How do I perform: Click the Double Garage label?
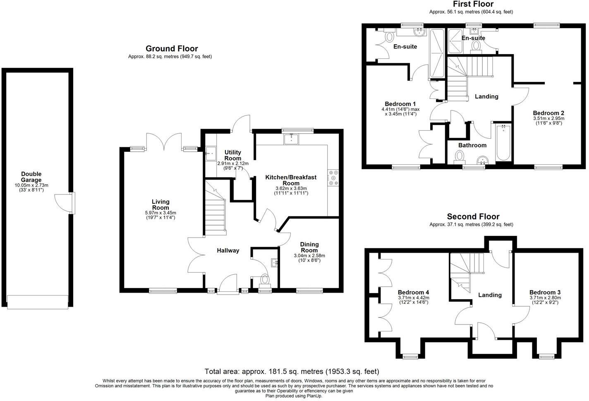[x=31, y=177]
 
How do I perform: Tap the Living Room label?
[x=160, y=204]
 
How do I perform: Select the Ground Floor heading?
[x=172, y=49]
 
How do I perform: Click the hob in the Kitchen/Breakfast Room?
[x=333, y=178]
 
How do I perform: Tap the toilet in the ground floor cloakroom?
[x=264, y=280]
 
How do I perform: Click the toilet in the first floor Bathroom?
[x=459, y=156]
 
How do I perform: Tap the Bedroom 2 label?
[x=548, y=113]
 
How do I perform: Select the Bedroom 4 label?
[x=413, y=292]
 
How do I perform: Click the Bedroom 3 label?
[x=545, y=292]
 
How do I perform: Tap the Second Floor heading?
[x=473, y=216]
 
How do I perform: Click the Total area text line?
[x=292, y=371]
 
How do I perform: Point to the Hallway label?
[x=228, y=250]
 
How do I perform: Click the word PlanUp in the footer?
[x=314, y=396]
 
